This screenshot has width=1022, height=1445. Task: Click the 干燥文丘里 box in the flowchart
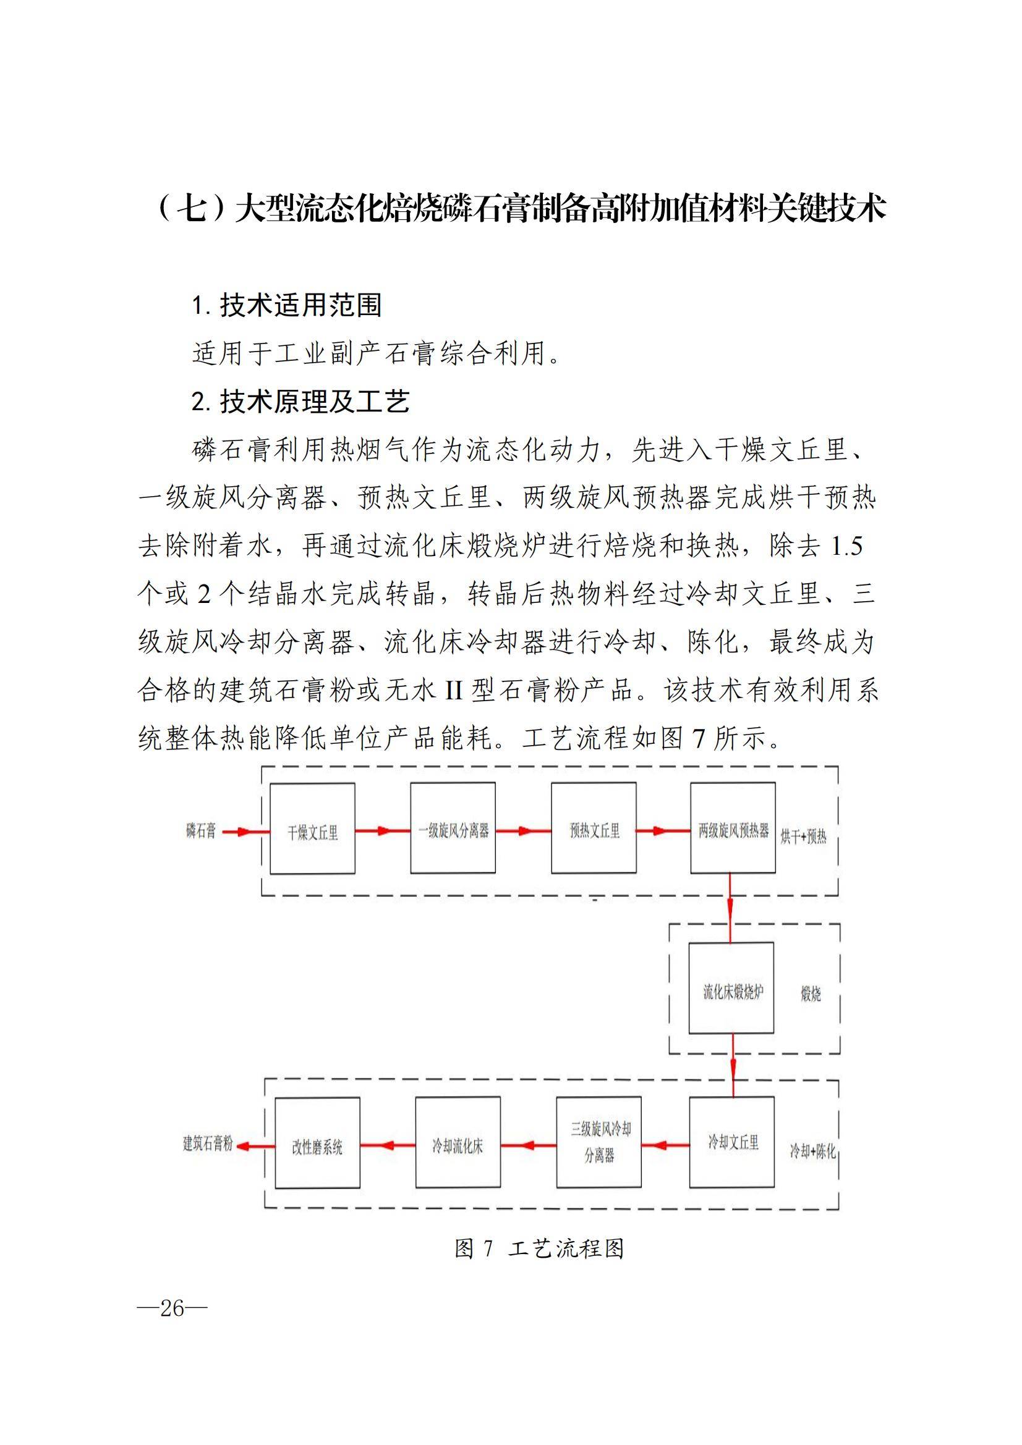(312, 828)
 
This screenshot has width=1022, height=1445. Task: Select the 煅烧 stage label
(811, 995)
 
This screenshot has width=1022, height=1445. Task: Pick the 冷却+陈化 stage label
(813, 1151)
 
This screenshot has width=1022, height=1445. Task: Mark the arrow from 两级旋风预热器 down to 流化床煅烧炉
(730, 907)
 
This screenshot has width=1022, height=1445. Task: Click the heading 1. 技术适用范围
(286, 305)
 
